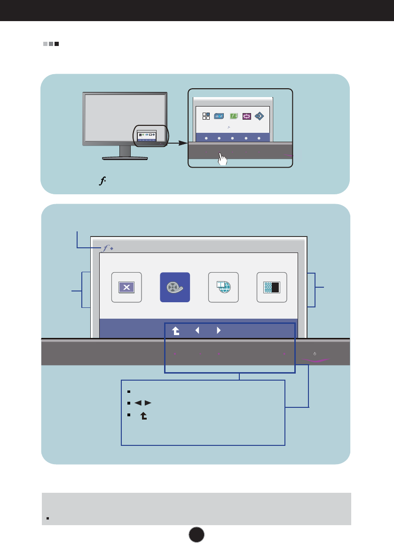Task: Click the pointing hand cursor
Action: [x=222, y=159]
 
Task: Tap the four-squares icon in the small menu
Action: [x=206, y=116]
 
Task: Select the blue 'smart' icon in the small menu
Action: [x=219, y=116]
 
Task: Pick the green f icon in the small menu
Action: [x=234, y=116]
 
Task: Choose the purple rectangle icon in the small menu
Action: [x=246, y=116]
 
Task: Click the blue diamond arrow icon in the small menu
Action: [x=260, y=116]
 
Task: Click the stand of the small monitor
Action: [x=125, y=152]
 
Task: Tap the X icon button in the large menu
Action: [x=126, y=287]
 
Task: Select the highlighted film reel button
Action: [x=175, y=287]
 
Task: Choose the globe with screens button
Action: [x=223, y=287]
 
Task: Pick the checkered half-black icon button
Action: [x=272, y=287]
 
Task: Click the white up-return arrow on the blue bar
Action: [x=175, y=331]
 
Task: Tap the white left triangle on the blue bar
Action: [x=197, y=330]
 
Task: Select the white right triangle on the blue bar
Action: [x=219, y=330]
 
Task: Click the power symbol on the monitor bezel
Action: [x=315, y=353]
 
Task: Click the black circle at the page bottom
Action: [x=197, y=533]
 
